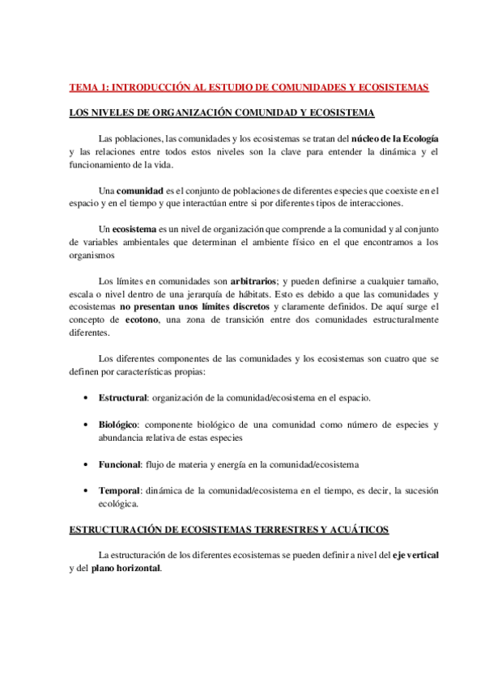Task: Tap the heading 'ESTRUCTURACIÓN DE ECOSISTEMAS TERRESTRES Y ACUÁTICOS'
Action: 229,530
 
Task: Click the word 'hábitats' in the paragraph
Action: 253,294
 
